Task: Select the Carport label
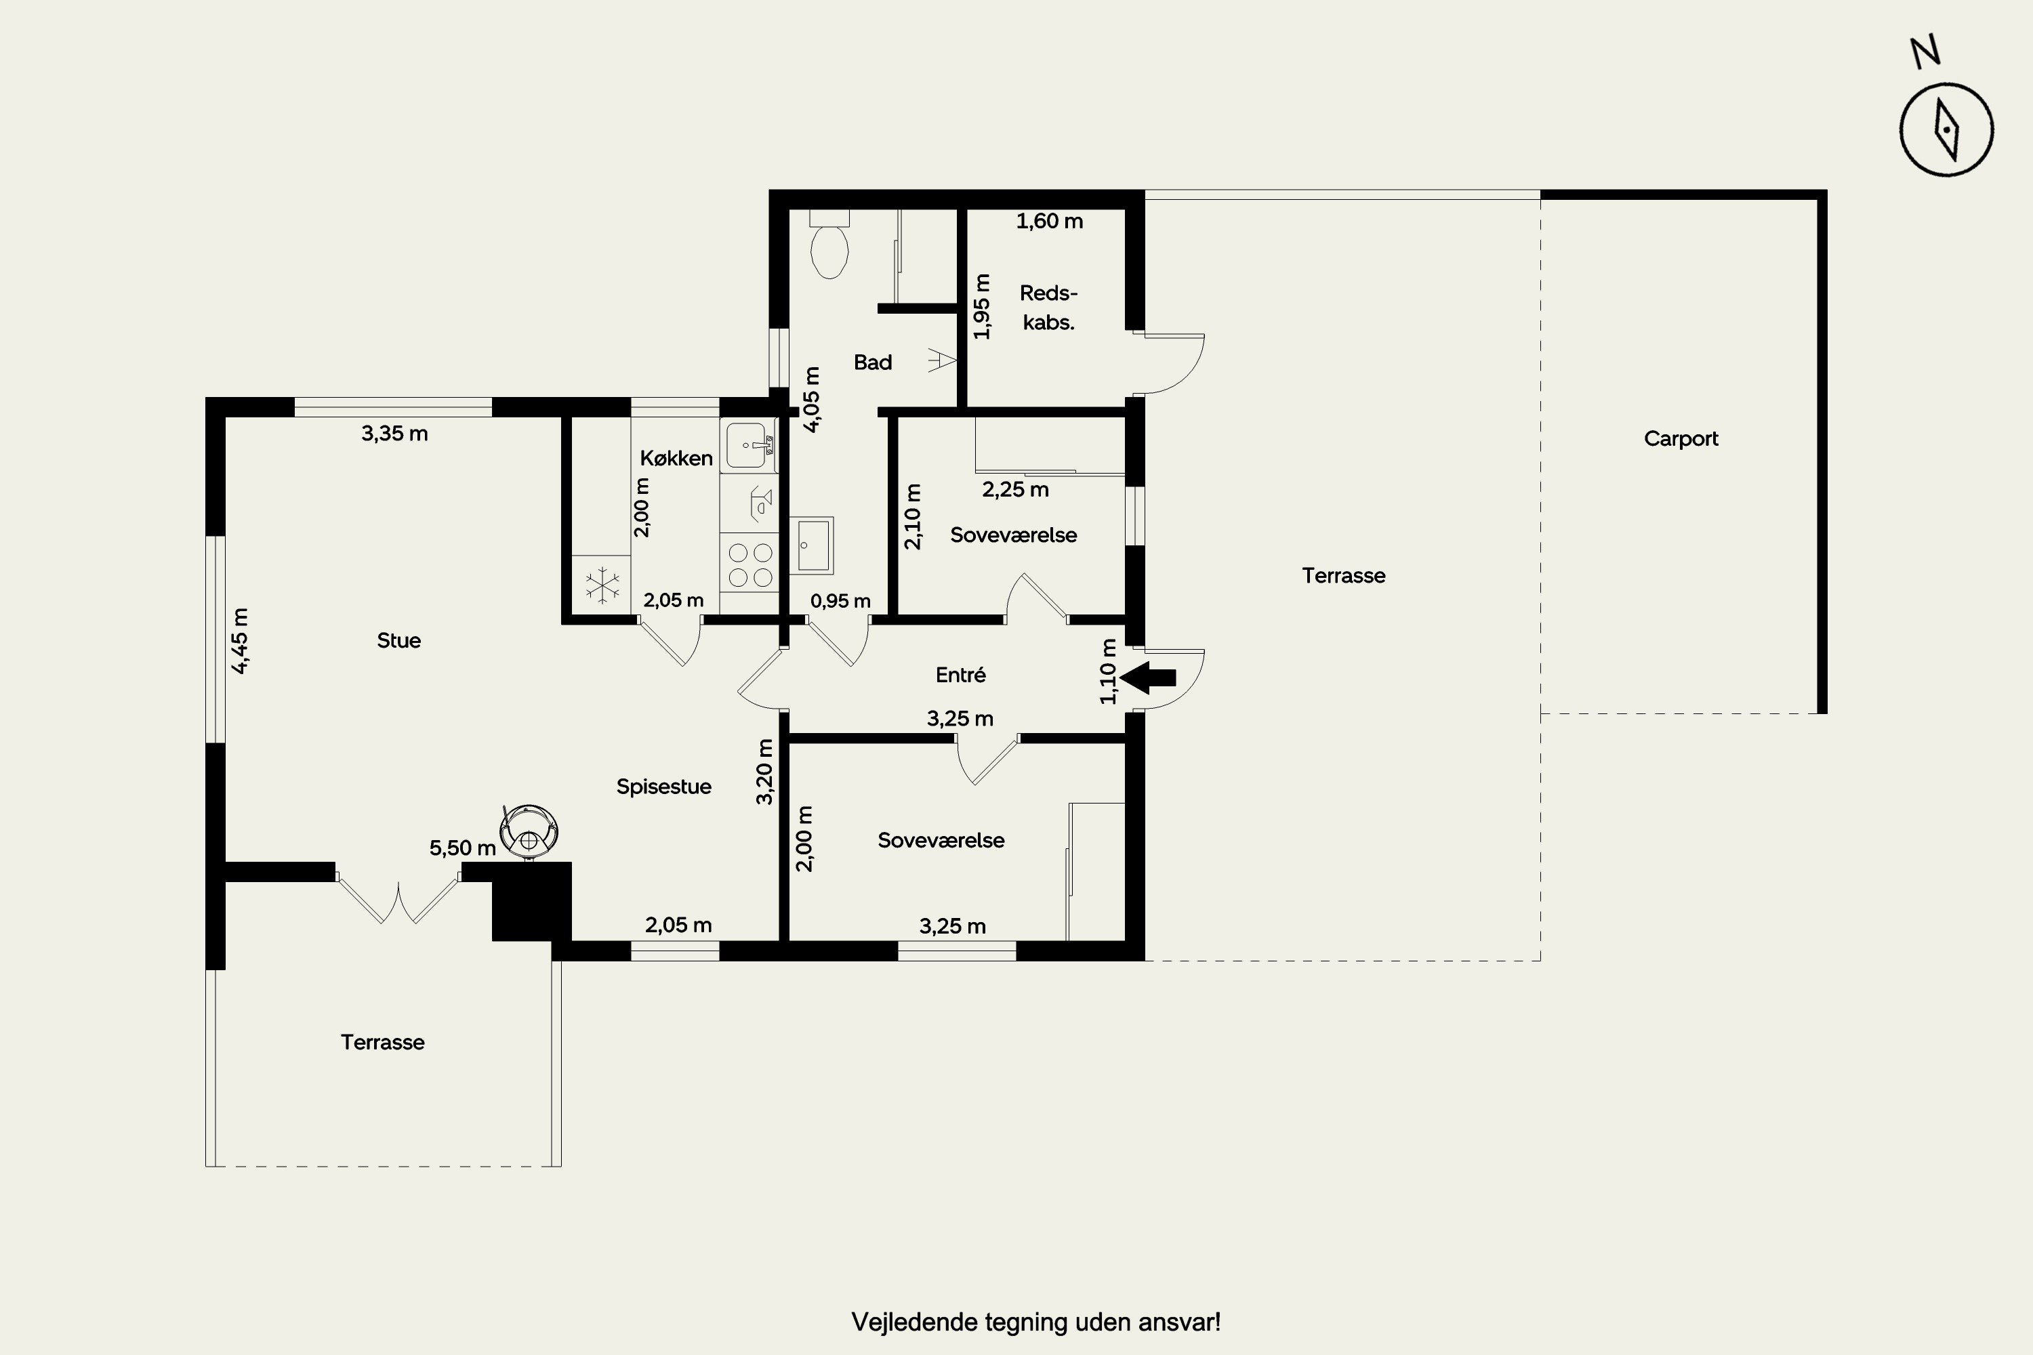click(x=1681, y=439)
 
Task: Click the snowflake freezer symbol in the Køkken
click(x=602, y=585)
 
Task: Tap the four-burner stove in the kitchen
click(x=750, y=564)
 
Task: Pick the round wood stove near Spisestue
click(x=529, y=831)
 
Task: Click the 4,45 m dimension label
click(x=241, y=640)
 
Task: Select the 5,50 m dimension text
click(x=462, y=848)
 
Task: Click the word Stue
click(x=398, y=640)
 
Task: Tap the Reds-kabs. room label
click(x=1048, y=308)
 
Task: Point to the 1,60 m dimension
click(x=1049, y=222)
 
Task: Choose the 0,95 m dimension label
click(x=840, y=600)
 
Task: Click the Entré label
click(x=960, y=675)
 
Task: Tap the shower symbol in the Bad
click(x=941, y=360)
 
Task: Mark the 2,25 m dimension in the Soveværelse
click(x=1016, y=490)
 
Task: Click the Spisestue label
click(x=664, y=787)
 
